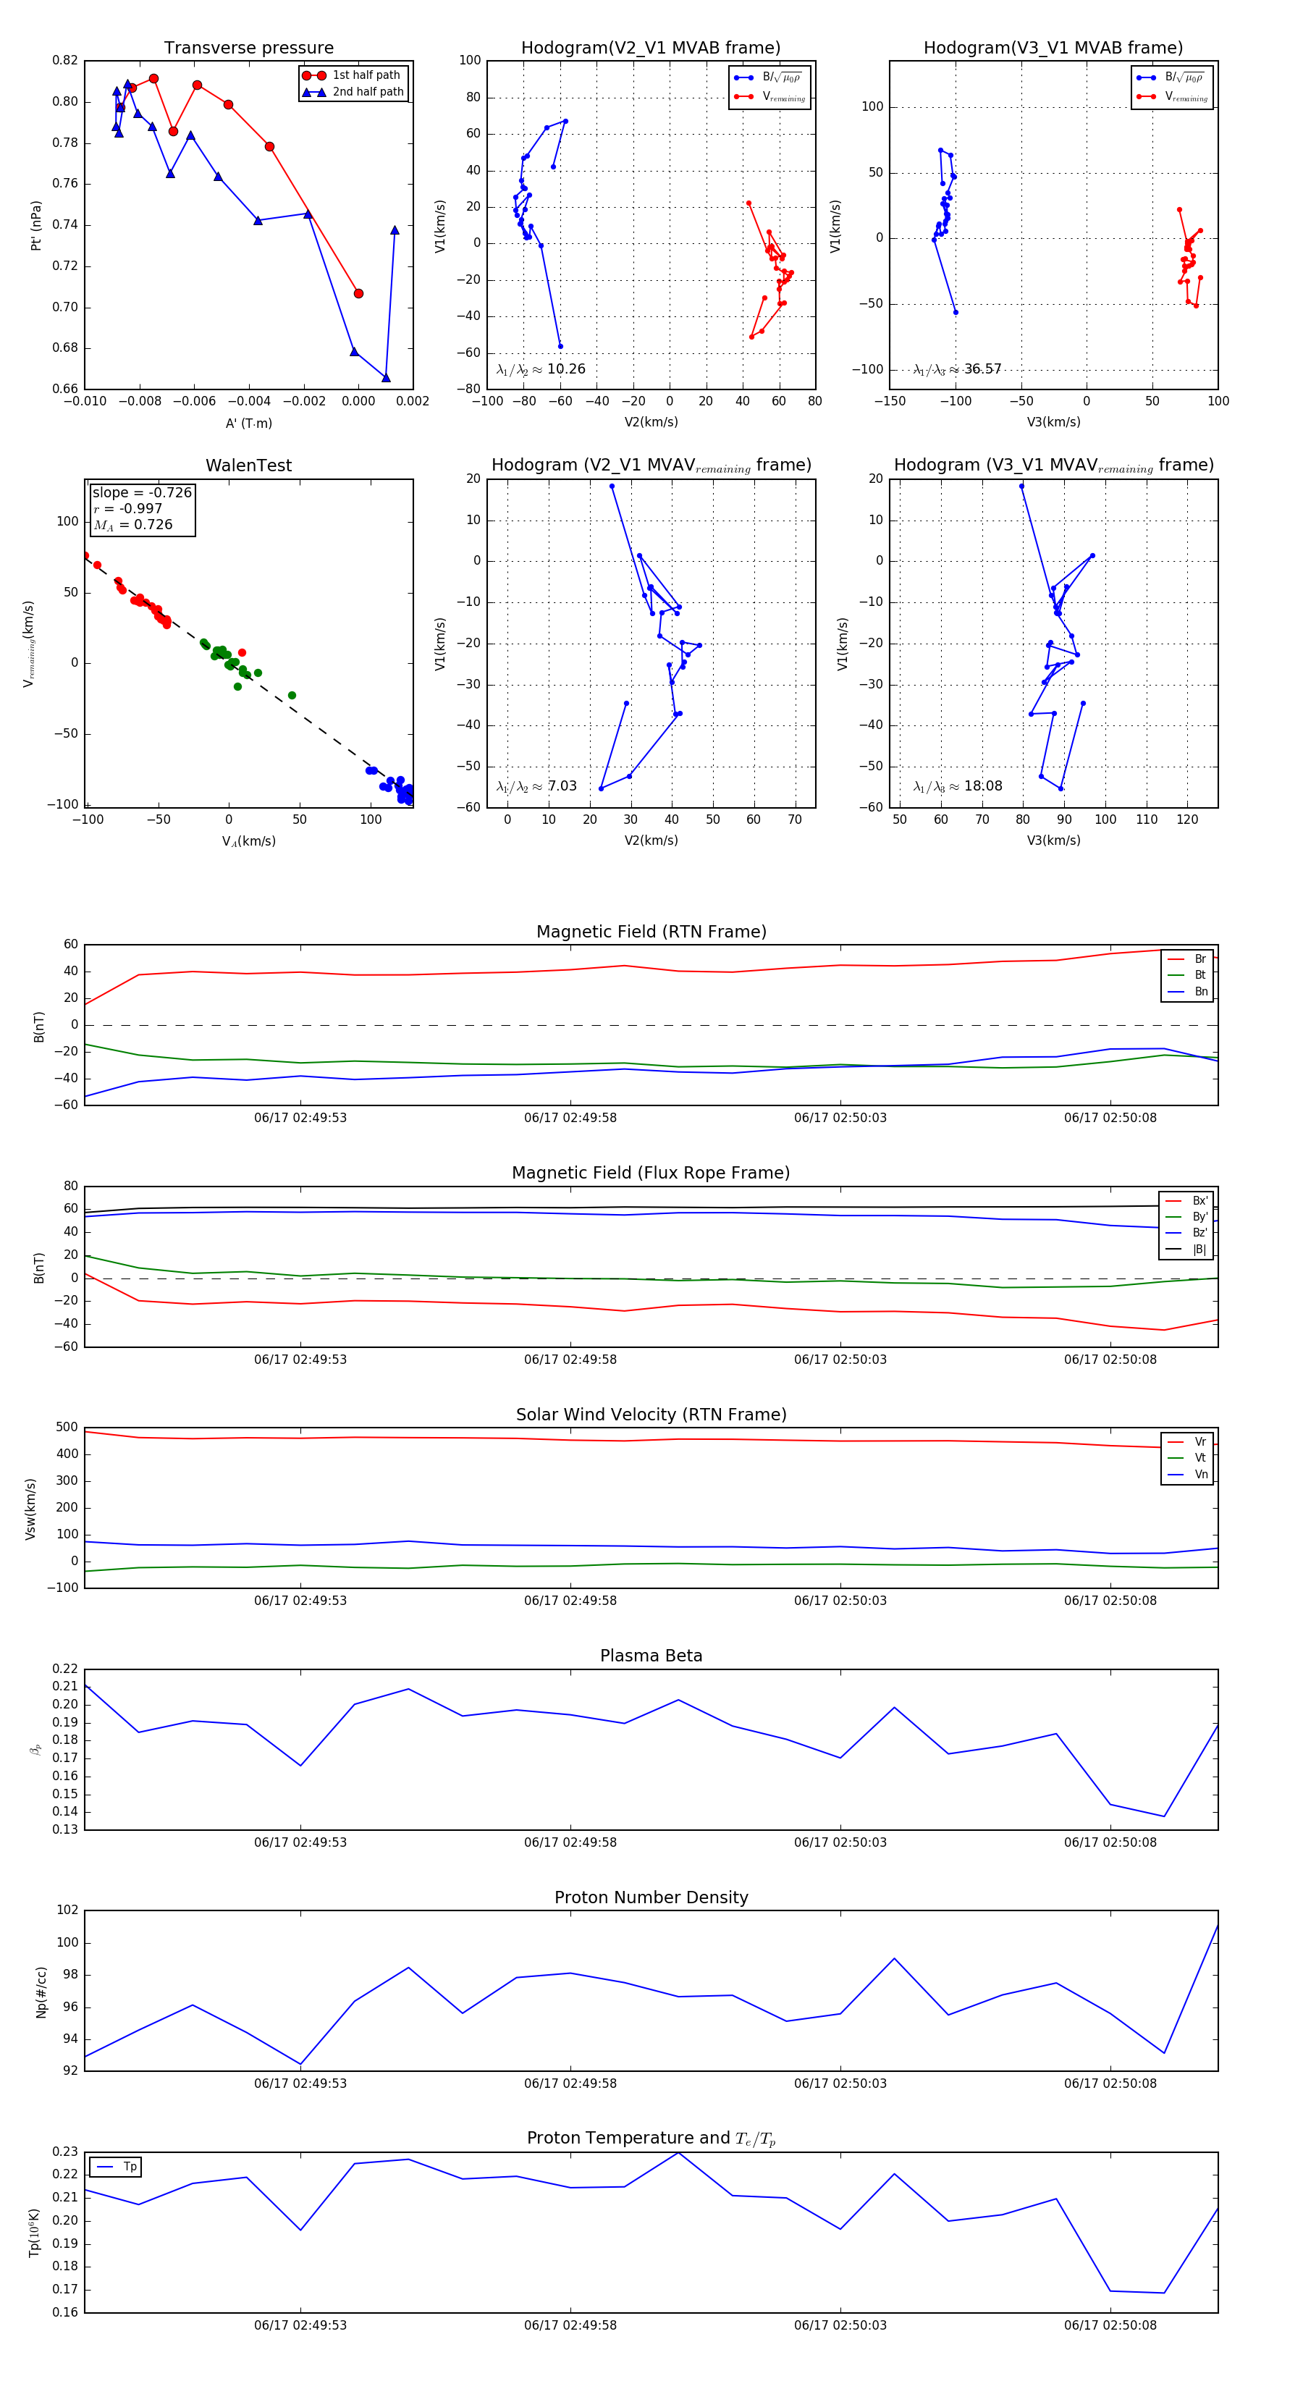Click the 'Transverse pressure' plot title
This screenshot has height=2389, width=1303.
click(248, 49)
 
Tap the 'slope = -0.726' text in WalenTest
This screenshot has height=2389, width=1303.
click(142, 492)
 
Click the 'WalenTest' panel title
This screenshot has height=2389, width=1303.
click(248, 465)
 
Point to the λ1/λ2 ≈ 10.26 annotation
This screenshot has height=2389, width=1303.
click(541, 369)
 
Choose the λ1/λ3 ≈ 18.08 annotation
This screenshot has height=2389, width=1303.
click(957, 786)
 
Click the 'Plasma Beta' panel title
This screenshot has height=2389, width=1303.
click(651, 1656)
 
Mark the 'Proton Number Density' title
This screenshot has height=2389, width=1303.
click(651, 1897)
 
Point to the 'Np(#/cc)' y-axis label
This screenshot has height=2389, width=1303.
click(41, 1991)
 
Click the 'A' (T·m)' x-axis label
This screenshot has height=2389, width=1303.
click(248, 423)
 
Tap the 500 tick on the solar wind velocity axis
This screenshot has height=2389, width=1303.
click(67, 1428)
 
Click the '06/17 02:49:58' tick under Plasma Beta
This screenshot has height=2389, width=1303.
click(570, 1842)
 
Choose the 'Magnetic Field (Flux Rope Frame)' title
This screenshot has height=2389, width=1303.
click(651, 1174)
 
